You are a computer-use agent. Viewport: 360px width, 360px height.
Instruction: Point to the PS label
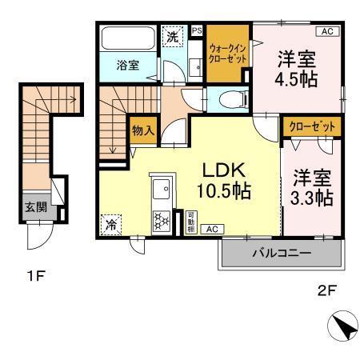pyautogui.click(x=197, y=31)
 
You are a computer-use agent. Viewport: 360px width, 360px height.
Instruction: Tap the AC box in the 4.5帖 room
pyautogui.click(x=326, y=31)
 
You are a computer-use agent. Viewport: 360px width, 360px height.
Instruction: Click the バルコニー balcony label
pyautogui.click(x=281, y=254)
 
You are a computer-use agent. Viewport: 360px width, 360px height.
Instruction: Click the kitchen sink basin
pyautogui.click(x=159, y=193)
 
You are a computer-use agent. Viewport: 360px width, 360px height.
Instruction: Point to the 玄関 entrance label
pyautogui.click(x=33, y=206)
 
